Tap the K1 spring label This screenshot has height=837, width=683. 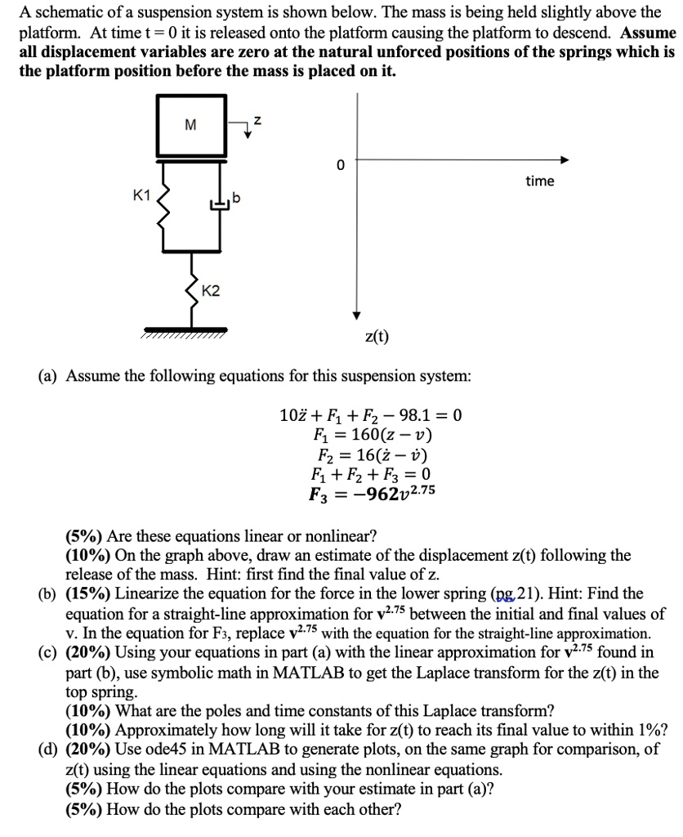(141, 195)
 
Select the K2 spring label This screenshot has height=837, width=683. (210, 291)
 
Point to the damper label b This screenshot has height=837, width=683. (237, 199)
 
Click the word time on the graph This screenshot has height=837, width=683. (539, 181)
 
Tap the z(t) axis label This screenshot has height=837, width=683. (377, 335)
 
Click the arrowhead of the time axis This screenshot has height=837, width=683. (564, 160)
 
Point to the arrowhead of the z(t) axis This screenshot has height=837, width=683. (357, 316)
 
